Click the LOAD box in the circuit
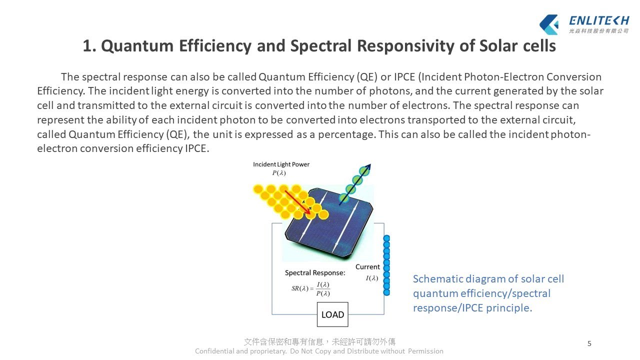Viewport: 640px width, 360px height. tap(332, 314)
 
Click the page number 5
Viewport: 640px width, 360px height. tap(589, 343)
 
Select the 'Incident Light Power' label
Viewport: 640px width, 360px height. tap(281, 164)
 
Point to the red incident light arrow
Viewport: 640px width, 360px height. tap(297, 202)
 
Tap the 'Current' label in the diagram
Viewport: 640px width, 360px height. tap(367, 267)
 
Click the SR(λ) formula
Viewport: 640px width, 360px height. tap(310, 289)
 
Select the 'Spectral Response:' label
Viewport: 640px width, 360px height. tap(315, 273)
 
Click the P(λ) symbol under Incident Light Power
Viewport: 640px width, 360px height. tap(279, 173)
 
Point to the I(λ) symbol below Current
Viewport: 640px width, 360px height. tap(372, 278)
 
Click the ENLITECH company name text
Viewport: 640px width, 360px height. tap(598, 20)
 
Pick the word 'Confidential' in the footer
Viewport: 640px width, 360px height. tap(214, 351)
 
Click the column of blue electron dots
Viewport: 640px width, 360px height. tap(386, 265)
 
